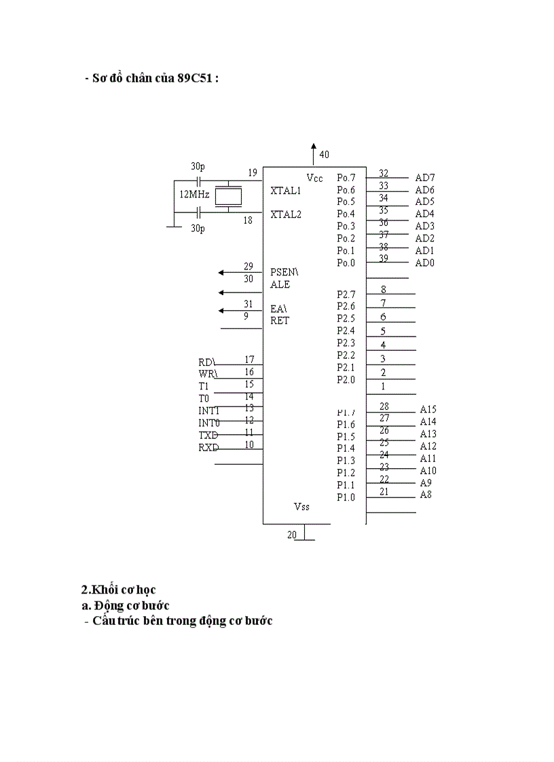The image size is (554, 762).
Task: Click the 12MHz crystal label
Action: tap(193, 194)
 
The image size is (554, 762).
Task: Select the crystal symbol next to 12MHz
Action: tap(228, 195)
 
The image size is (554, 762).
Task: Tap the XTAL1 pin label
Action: tap(285, 191)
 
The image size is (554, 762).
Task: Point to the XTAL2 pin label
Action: tap(285, 214)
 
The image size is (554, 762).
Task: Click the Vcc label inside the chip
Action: tap(314, 178)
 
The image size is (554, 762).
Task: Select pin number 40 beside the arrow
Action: tap(324, 155)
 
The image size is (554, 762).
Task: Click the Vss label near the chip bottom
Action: tap(302, 506)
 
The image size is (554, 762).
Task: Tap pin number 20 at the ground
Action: tap(292, 535)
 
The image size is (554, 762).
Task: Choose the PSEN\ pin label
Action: tap(284, 271)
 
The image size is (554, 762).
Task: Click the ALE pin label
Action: tap(280, 284)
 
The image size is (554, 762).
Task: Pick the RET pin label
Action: tap(279, 320)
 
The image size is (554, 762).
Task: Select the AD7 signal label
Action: tap(425, 178)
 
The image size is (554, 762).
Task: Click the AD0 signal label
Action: tap(425, 263)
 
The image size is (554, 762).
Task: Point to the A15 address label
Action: tap(428, 410)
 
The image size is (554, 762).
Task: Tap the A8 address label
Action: tap(426, 495)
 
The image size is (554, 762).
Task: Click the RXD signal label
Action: tap(208, 447)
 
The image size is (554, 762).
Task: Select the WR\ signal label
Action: tap(208, 374)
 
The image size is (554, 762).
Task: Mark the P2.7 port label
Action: tap(346, 294)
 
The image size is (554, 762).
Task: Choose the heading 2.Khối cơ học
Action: tap(118, 590)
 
